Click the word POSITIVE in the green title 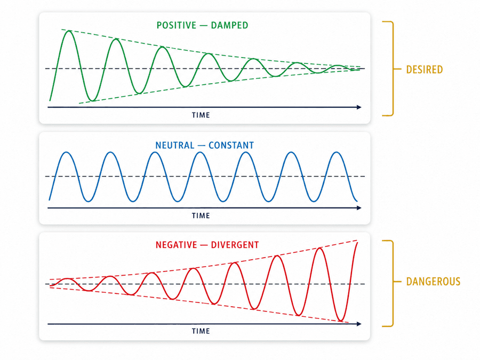click(x=177, y=25)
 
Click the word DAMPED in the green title click(x=229, y=25)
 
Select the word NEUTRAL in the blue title click(x=174, y=145)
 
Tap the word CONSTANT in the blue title click(x=231, y=145)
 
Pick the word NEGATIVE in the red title click(x=177, y=245)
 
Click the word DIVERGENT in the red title click(x=235, y=245)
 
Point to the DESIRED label click(x=425, y=69)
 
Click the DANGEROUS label click(x=433, y=281)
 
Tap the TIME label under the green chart click(x=201, y=115)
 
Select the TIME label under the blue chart click(x=201, y=215)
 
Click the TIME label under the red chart click(x=201, y=331)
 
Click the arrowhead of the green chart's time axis click(x=359, y=107)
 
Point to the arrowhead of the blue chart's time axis click(x=359, y=208)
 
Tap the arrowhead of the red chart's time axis click(x=359, y=324)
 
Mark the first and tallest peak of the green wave click(x=69, y=31)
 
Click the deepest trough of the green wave click(x=92, y=100)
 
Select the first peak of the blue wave click(x=66, y=153)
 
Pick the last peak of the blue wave click(x=337, y=153)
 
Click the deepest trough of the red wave click(x=340, y=321)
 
